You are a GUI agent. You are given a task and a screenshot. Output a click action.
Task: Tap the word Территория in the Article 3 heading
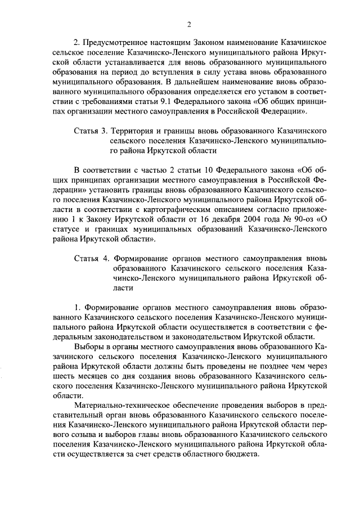(x=134, y=130)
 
